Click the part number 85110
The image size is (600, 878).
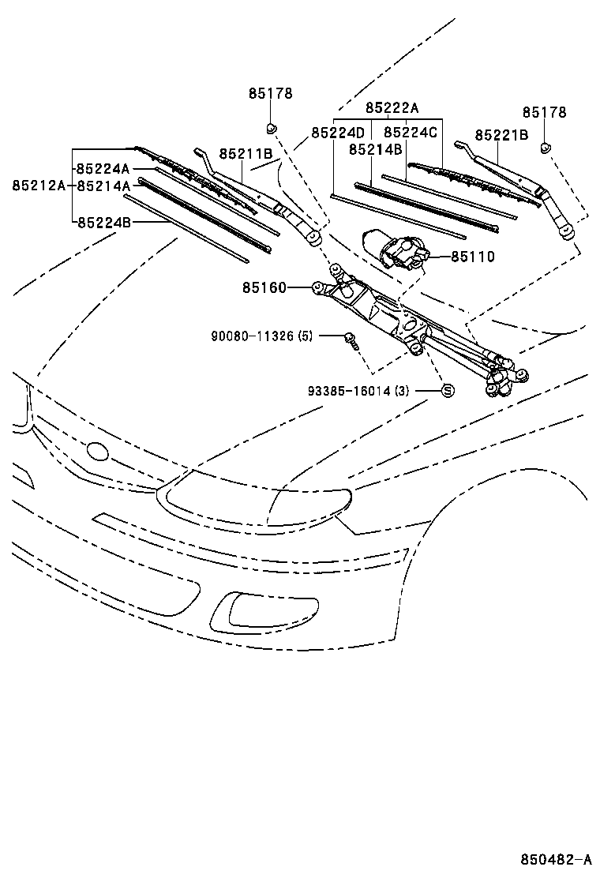tap(473, 257)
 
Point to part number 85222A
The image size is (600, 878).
tap(392, 107)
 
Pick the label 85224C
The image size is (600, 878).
tap(410, 133)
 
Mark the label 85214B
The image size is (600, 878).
tap(376, 148)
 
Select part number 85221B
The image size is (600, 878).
tap(501, 135)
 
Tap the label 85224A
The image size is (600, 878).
tap(103, 168)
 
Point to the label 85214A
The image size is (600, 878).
tap(103, 186)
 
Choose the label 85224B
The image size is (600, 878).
tap(103, 222)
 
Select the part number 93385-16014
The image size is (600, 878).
tap(359, 391)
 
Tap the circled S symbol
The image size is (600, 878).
tap(446, 391)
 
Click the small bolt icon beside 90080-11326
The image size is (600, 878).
tap(351, 340)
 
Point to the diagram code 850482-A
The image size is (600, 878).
tap(555, 859)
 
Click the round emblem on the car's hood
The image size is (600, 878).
tap(98, 451)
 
